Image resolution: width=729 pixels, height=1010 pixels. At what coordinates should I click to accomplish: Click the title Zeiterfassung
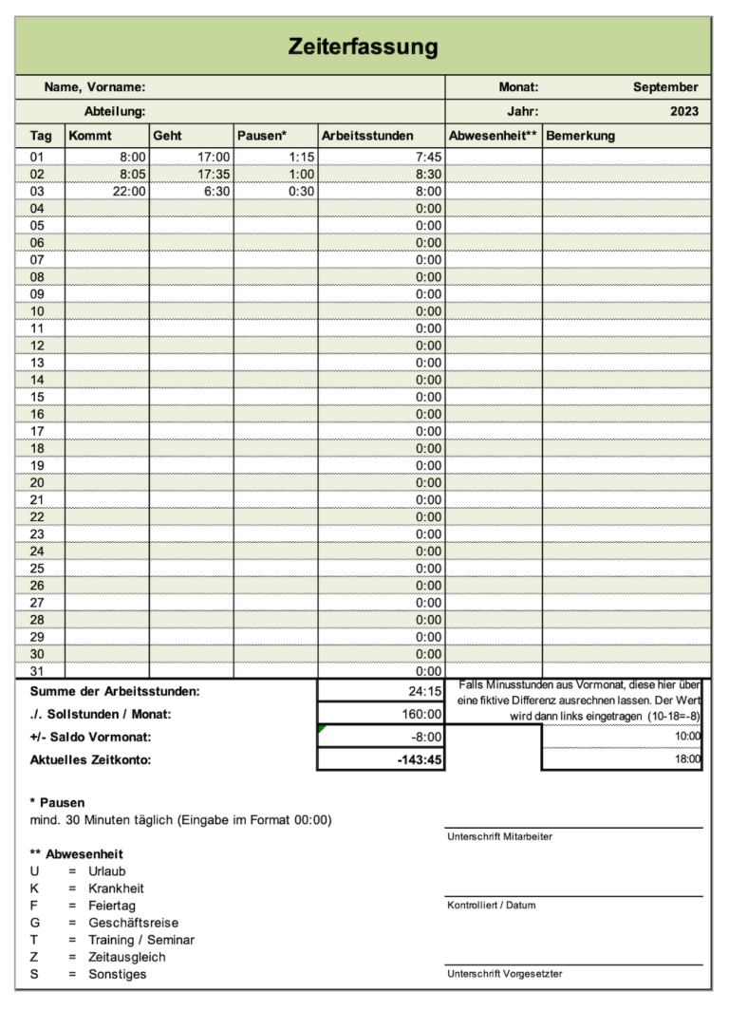[x=364, y=47]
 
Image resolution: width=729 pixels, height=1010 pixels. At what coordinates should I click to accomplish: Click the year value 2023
[x=683, y=111]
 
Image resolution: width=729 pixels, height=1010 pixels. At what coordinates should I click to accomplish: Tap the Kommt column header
[x=90, y=136]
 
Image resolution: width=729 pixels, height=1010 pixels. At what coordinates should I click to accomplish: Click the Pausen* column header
[x=262, y=136]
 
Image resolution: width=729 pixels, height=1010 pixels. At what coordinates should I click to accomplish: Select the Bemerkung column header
[x=580, y=136]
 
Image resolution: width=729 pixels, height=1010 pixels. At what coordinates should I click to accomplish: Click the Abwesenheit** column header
[x=493, y=136]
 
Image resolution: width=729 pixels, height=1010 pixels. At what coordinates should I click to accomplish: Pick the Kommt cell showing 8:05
[x=132, y=174]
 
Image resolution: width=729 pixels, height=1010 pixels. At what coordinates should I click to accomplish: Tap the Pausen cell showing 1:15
[x=300, y=157]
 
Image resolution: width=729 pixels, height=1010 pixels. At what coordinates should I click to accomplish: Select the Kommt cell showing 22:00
[x=129, y=191]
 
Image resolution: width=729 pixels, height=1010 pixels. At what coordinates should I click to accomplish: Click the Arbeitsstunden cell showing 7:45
[x=428, y=157]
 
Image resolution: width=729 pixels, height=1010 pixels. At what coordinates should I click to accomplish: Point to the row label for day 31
[x=38, y=671]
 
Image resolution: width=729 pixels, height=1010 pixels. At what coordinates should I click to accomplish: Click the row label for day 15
[x=38, y=397]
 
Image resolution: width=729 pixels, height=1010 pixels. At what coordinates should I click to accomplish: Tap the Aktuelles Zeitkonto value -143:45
[x=420, y=759]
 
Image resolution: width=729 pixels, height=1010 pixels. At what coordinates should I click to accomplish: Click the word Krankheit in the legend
[x=116, y=888]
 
